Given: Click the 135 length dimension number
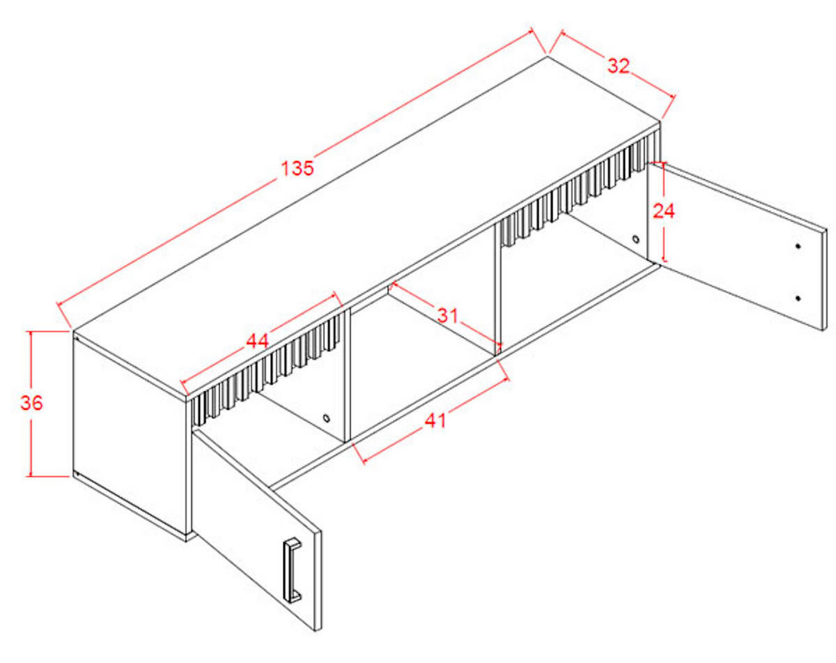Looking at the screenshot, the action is pyautogui.click(x=297, y=168).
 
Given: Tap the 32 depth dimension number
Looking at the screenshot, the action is pyautogui.click(x=618, y=66).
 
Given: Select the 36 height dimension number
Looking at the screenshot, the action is pyautogui.click(x=31, y=403).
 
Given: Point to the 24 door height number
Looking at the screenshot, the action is pyautogui.click(x=664, y=211).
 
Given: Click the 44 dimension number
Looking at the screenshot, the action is pyautogui.click(x=257, y=342).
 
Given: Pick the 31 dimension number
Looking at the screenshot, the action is pyautogui.click(x=448, y=315).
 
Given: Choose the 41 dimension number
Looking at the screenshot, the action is pyautogui.click(x=435, y=420).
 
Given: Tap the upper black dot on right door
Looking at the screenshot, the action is pyautogui.click(x=798, y=246).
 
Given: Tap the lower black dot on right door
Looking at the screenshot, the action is pyautogui.click(x=798, y=298).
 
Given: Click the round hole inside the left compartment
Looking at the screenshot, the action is pyautogui.click(x=326, y=418).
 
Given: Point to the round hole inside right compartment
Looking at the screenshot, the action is pyautogui.click(x=635, y=239).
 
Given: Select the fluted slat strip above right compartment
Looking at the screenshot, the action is pyautogui.click(x=580, y=188).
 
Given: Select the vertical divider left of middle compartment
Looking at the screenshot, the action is pyautogui.click(x=348, y=375).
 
